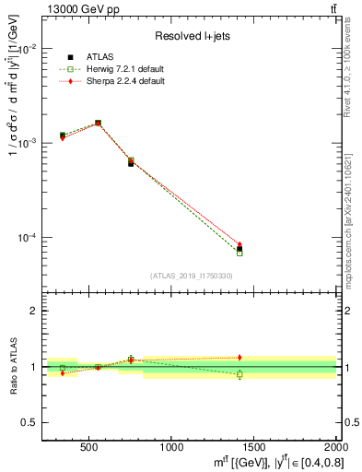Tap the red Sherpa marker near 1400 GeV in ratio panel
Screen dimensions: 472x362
pyautogui.click(x=239, y=357)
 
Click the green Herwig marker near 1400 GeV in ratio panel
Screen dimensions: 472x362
pyautogui.click(x=239, y=374)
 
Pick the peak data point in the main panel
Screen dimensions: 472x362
pyautogui.click(x=99, y=123)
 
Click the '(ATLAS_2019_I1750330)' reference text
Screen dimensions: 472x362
pyautogui.click(x=191, y=275)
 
